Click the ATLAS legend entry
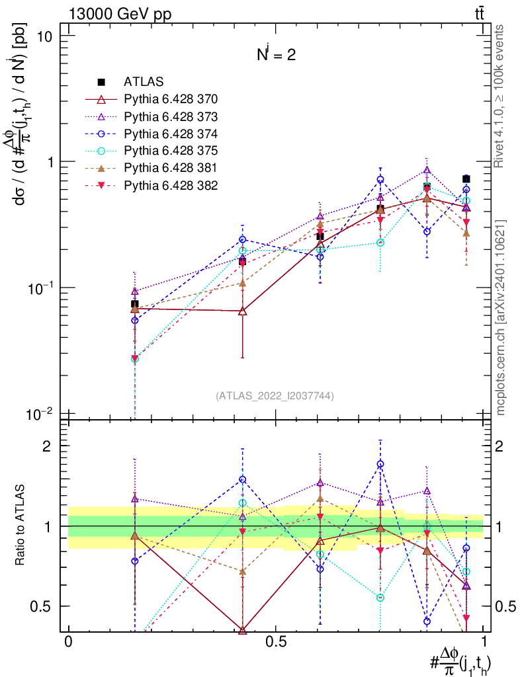coord(139,82)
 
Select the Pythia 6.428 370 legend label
coord(171,99)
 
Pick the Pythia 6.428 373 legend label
coord(171,116)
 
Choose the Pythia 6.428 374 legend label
coord(171,134)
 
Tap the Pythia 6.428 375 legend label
coord(171,151)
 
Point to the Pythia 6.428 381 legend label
coord(171,168)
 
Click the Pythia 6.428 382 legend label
coord(171,185)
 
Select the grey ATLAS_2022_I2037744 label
coord(275,396)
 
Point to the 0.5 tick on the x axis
coord(275,643)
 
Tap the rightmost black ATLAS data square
coord(466,179)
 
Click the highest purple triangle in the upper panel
coord(427,170)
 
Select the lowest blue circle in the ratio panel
coord(427,621)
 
